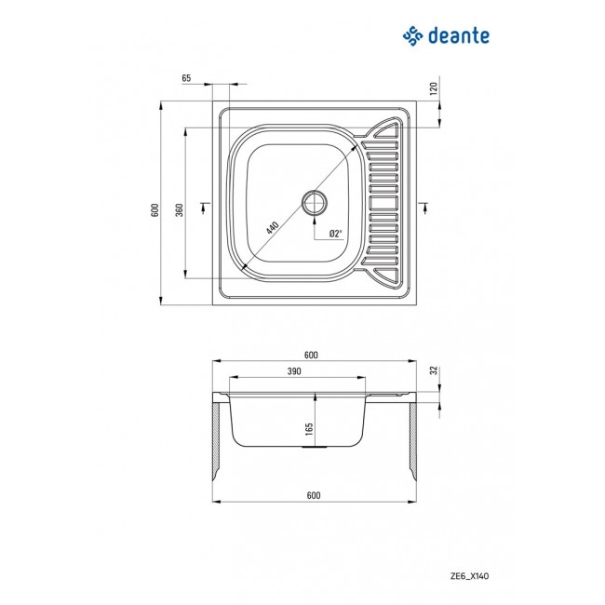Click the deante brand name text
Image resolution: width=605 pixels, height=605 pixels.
[x=459, y=36]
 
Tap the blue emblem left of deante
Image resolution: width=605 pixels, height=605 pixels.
[x=412, y=36]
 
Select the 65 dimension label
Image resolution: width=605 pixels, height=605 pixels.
[x=187, y=79]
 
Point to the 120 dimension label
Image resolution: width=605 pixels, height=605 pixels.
[x=433, y=89]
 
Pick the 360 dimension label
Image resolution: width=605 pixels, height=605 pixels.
[x=180, y=210]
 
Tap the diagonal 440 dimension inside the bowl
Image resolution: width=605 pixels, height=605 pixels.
[x=273, y=226]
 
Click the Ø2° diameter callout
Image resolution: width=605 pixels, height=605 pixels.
[x=335, y=233]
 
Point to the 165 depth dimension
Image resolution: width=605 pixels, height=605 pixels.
[x=309, y=431]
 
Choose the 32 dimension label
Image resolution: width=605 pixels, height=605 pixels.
[x=433, y=370]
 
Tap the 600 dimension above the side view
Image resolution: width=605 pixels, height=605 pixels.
[x=312, y=354]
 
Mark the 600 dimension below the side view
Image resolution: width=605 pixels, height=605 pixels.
[x=312, y=495]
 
